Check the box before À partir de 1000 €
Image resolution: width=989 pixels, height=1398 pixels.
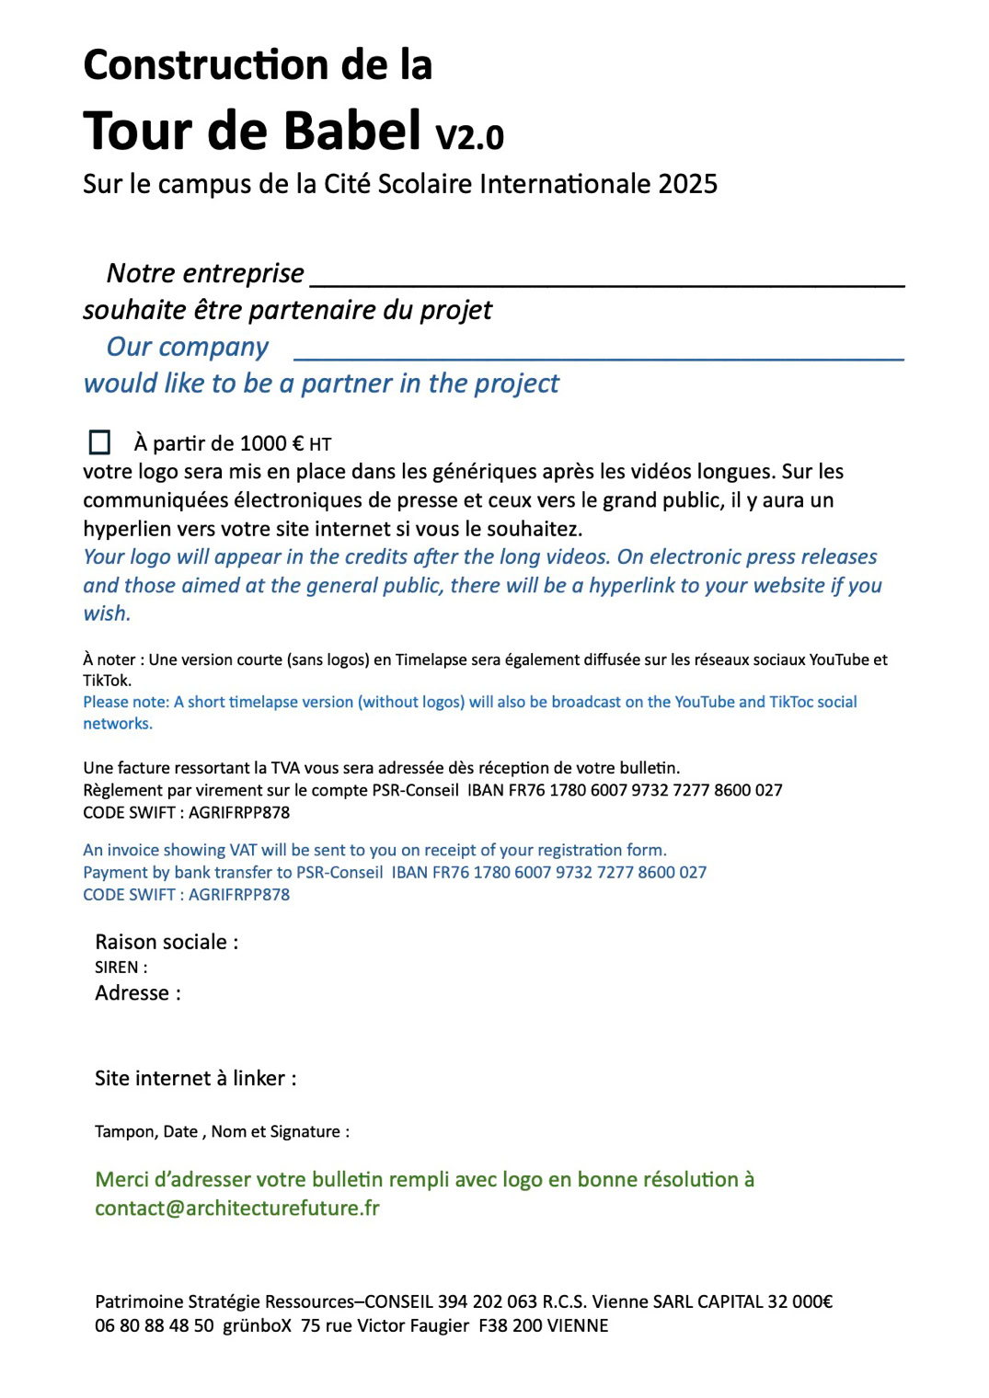point(99,442)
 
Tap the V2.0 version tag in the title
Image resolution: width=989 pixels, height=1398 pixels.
point(469,137)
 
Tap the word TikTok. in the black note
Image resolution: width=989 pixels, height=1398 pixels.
point(107,681)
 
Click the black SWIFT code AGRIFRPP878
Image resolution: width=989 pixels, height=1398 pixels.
point(239,813)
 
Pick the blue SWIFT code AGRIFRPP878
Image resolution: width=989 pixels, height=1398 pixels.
point(239,895)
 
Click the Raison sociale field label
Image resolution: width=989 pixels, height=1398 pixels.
point(167,942)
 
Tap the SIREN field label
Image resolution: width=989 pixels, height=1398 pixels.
point(121,968)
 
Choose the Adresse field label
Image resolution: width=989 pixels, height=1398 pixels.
point(138,993)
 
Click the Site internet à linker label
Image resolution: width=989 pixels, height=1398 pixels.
point(195,1078)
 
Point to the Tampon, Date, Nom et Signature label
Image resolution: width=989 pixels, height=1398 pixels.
point(222,1131)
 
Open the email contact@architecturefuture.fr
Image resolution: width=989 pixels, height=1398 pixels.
point(237,1209)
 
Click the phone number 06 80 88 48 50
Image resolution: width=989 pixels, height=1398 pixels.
point(155,1326)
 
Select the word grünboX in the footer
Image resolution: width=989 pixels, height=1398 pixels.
point(258,1326)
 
